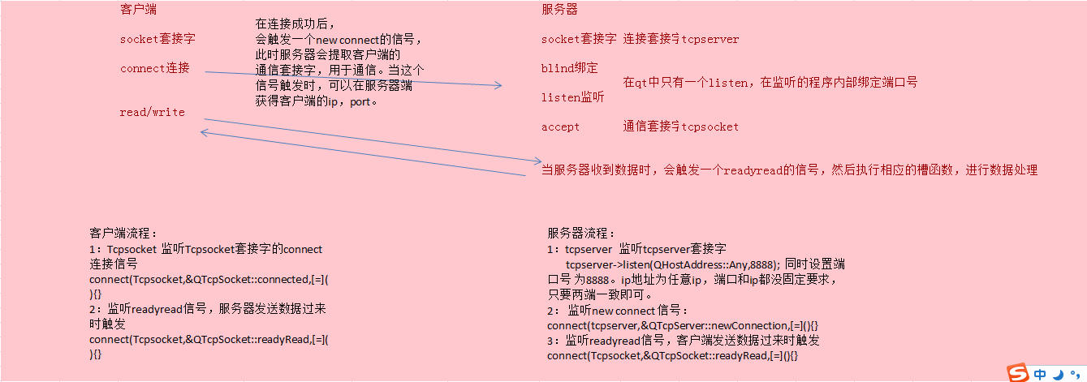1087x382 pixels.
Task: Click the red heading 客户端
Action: click(x=138, y=10)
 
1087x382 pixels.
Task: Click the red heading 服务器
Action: click(x=560, y=10)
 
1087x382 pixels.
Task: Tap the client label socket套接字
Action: click(x=157, y=39)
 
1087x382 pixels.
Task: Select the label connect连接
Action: click(x=155, y=68)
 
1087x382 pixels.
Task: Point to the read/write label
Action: click(x=152, y=112)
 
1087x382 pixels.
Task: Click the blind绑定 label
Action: click(x=569, y=68)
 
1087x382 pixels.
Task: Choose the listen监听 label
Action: click(x=572, y=97)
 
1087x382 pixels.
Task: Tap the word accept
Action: click(x=561, y=127)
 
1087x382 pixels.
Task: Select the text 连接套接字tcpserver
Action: click(x=681, y=39)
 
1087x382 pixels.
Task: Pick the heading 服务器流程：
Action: click(x=582, y=234)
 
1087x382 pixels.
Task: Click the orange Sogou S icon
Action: click(x=1017, y=373)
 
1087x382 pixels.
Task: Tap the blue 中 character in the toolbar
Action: click(x=1041, y=374)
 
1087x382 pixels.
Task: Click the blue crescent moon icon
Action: click(x=1059, y=374)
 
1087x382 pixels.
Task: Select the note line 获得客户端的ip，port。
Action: click(x=317, y=102)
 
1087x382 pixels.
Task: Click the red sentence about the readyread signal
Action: click(x=789, y=170)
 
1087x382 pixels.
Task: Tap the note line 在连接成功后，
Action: click(x=295, y=24)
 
